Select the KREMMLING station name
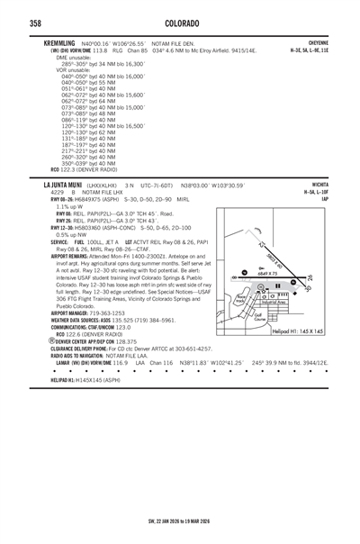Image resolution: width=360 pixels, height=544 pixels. (60, 42)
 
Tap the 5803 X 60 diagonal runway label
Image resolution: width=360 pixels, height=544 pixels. (274, 262)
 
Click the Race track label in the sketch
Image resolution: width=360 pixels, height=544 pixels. (240, 298)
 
